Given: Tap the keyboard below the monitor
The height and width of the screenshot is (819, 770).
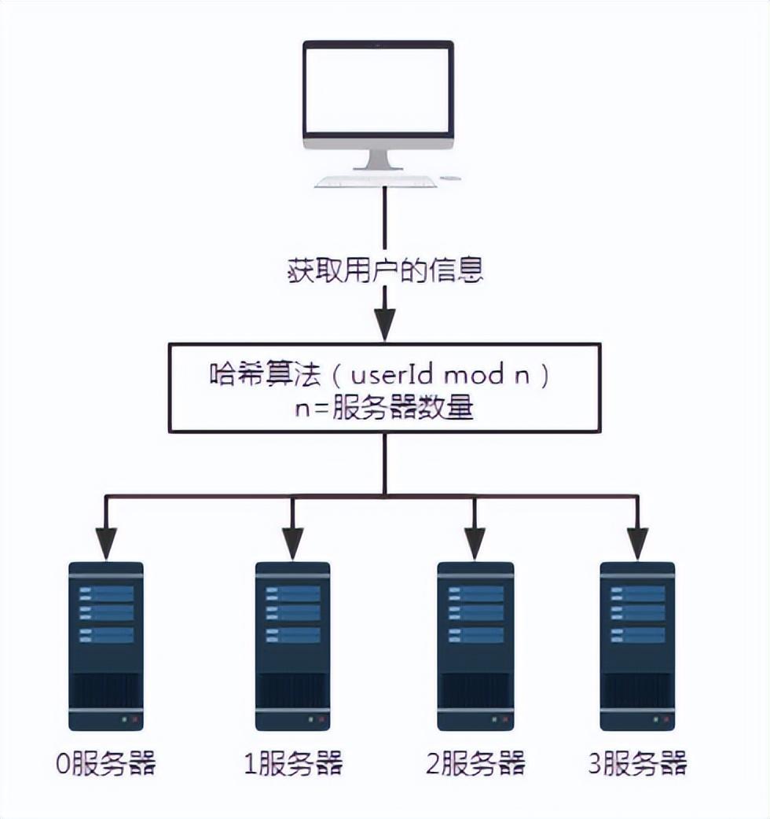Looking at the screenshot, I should click(376, 182).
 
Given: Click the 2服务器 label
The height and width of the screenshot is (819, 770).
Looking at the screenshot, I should click(475, 763).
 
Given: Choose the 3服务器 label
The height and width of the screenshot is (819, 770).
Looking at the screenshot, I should click(637, 763).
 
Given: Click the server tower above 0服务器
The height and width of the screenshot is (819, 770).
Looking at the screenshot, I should click(105, 646).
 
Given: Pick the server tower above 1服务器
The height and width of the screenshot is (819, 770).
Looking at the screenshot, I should click(292, 646).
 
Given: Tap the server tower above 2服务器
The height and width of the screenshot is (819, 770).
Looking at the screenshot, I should click(475, 646).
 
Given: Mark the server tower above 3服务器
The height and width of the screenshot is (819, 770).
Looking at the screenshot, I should click(637, 646).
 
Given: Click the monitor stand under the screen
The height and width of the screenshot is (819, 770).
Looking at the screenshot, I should click(378, 160).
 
